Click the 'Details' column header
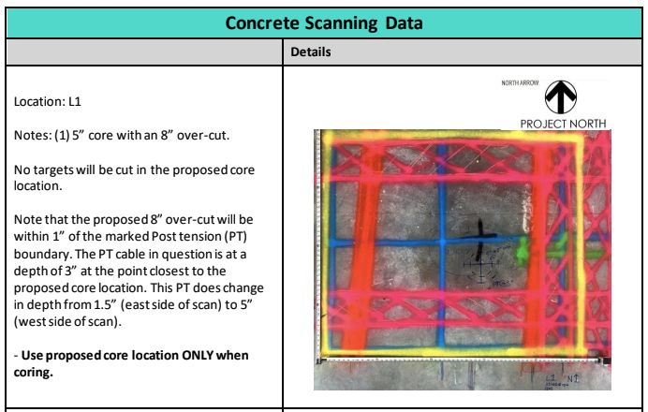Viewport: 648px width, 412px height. tap(309, 54)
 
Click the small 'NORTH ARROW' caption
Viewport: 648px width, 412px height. tap(521, 84)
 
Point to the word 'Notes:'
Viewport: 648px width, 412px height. tap(34, 135)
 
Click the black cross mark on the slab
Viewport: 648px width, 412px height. tap(479, 233)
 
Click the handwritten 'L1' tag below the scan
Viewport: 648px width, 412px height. tap(552, 376)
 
